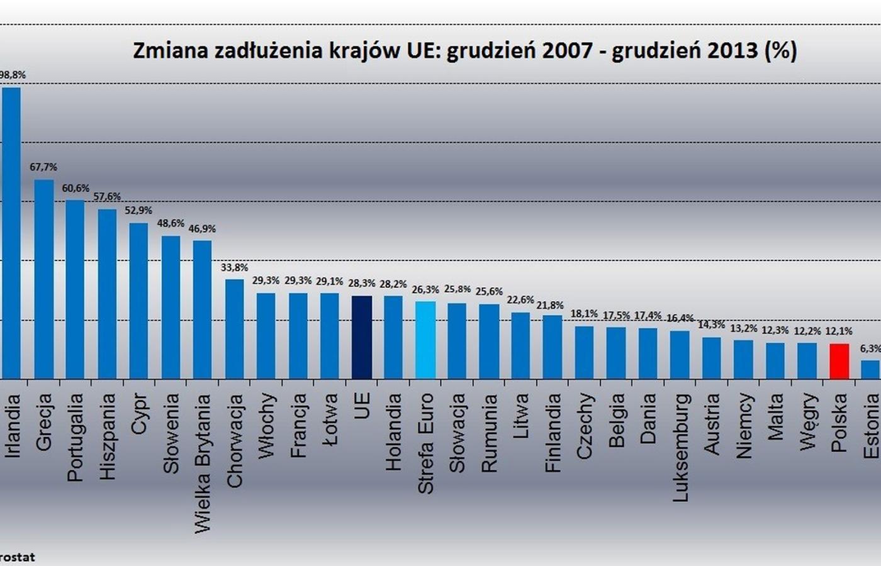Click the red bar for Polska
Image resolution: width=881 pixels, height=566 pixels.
click(x=839, y=361)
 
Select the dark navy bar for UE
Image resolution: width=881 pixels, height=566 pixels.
click(x=362, y=337)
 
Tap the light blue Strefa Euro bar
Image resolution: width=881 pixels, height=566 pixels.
click(x=425, y=340)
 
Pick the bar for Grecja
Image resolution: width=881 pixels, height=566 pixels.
click(x=44, y=279)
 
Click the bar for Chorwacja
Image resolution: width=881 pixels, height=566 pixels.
click(x=235, y=329)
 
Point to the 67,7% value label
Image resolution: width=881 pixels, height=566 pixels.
click(x=43, y=167)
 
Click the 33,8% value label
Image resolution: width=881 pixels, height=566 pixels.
click(x=234, y=267)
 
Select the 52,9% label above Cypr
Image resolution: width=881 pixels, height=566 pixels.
click(x=138, y=211)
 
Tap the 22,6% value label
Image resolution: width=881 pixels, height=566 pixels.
click(x=520, y=300)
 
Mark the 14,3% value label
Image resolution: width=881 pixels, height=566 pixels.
click(x=711, y=325)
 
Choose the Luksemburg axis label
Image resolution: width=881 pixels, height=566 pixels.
click(x=681, y=447)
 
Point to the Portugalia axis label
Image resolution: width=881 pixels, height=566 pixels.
click(x=76, y=437)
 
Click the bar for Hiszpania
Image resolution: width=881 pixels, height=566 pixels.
click(x=107, y=294)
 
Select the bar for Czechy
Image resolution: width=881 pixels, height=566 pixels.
click(x=585, y=352)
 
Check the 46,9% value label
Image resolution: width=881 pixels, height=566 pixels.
click(x=202, y=229)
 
